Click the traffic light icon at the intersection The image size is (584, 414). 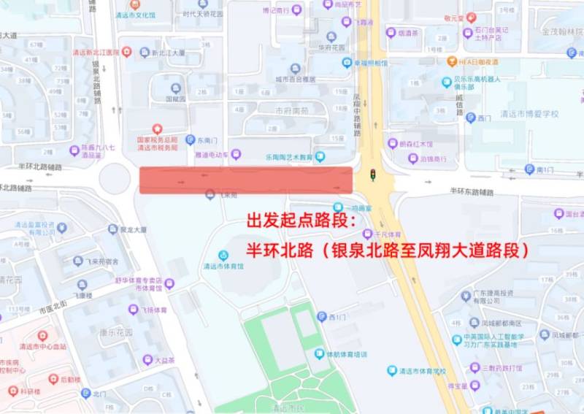(x=373, y=175)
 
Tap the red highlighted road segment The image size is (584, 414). (x=246, y=180)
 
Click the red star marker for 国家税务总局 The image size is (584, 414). (x=156, y=129)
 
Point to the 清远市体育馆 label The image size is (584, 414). (x=223, y=267)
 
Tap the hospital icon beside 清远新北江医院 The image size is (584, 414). (x=127, y=52)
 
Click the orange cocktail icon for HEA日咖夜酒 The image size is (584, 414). (x=453, y=62)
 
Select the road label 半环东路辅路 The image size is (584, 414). (x=472, y=192)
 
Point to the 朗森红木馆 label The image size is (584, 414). (x=415, y=144)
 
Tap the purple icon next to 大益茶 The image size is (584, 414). (x=147, y=360)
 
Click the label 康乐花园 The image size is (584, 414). (x=116, y=332)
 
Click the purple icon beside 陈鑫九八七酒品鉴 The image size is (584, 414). (x=74, y=150)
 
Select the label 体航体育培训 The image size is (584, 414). (x=346, y=354)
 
